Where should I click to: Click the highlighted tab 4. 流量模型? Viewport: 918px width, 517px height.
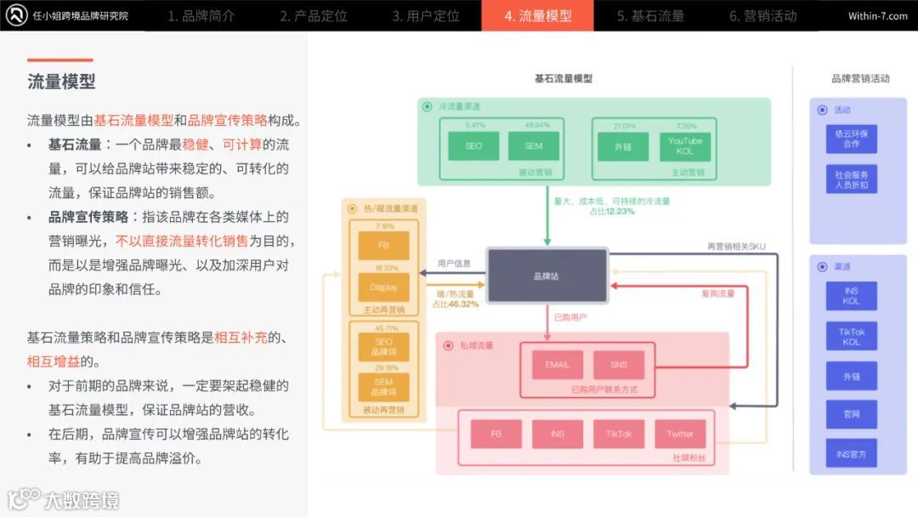tap(537, 16)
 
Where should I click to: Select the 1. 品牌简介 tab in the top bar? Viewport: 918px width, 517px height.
tap(201, 16)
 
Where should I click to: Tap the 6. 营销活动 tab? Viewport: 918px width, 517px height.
tap(762, 16)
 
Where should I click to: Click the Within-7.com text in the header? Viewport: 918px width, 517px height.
tap(877, 16)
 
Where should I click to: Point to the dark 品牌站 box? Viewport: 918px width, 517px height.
tap(547, 276)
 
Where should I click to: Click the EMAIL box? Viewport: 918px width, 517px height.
tap(558, 365)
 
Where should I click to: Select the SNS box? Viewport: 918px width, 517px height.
tap(619, 365)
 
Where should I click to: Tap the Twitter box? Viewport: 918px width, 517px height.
tap(680, 434)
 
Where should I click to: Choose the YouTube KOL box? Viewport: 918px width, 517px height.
tap(685, 146)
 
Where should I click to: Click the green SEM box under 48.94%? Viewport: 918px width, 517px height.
tap(533, 146)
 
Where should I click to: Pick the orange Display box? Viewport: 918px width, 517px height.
tap(383, 287)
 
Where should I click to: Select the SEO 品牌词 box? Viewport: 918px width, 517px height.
tap(383, 347)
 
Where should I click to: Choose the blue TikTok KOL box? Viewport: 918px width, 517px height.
tap(851, 337)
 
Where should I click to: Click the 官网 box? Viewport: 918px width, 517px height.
tap(851, 414)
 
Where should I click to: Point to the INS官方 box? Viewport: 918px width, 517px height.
tap(851, 454)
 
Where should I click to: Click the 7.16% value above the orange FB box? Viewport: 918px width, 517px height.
tap(384, 227)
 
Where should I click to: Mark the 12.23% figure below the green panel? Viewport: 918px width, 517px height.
tap(620, 211)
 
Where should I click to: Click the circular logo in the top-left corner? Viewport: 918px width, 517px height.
tap(14, 15)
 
